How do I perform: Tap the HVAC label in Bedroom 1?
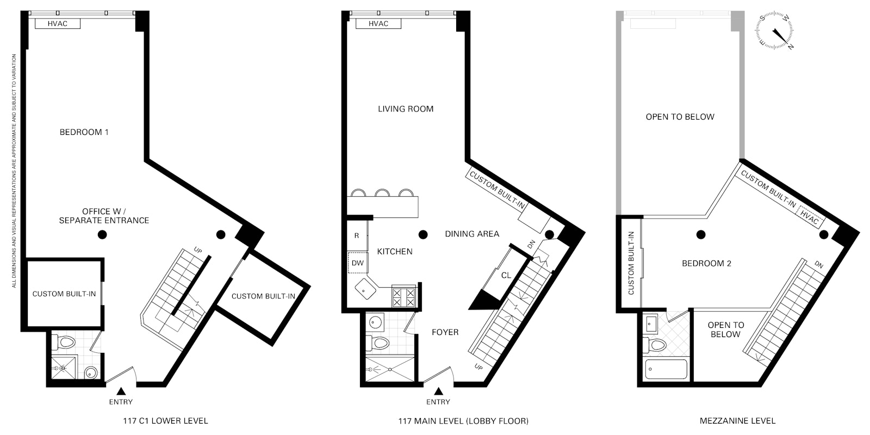click(x=58, y=23)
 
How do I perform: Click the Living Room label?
click(x=406, y=109)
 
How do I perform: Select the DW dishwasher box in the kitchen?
click(x=357, y=263)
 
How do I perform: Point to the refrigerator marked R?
click(x=357, y=236)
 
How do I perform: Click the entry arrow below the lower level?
click(x=121, y=391)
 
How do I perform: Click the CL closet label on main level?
click(x=506, y=275)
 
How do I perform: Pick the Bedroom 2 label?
click(x=706, y=263)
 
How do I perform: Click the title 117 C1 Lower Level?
click(x=165, y=420)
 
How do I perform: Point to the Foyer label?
click(x=445, y=332)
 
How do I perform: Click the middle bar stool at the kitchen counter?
click(x=383, y=193)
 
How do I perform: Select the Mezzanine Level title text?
click(x=737, y=420)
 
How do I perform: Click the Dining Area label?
click(x=472, y=234)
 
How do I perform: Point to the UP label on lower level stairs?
click(x=198, y=251)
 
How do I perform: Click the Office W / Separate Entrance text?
click(x=104, y=216)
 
